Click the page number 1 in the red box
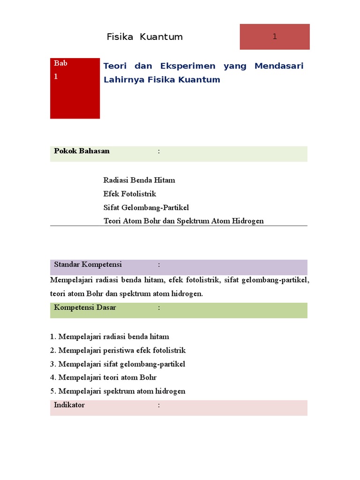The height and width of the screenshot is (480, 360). pos(275,37)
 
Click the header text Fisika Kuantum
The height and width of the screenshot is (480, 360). pos(144,37)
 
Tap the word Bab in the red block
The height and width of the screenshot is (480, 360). pos(60,63)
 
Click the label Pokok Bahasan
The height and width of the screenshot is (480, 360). pos(82,151)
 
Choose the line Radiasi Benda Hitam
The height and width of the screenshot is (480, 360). pos(139,180)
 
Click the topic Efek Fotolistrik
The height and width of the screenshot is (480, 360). pos(130,194)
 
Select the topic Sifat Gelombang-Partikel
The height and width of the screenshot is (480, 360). pos(146,207)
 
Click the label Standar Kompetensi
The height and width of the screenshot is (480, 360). pos(88,264)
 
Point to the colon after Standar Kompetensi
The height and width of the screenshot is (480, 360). pos(159,265)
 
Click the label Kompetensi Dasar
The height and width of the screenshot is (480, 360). pos(85,307)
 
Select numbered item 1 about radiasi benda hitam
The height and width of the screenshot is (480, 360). pos(110,337)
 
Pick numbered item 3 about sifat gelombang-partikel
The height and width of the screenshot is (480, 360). pos(118,364)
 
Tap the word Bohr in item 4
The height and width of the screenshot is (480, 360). pos(148,377)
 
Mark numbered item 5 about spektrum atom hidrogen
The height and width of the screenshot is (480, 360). pos(118,391)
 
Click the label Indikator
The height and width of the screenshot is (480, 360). pos(69,405)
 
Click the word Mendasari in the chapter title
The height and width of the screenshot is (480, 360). pos(279,66)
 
